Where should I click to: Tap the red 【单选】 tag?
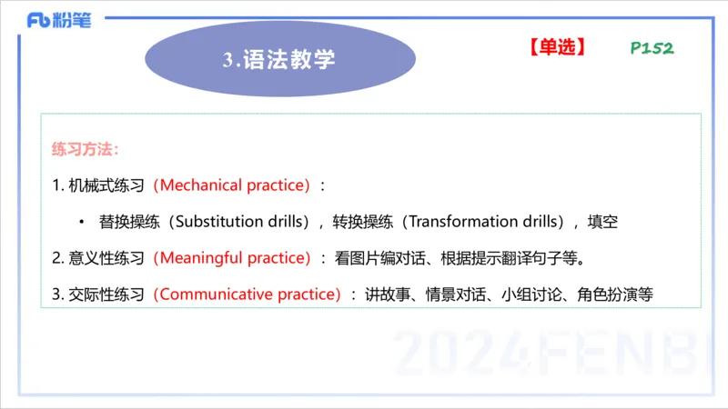click(555, 47)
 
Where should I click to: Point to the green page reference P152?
click(652, 48)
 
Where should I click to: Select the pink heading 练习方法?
click(86, 148)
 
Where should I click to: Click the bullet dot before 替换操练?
click(81, 222)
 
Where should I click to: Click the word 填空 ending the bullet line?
click(603, 222)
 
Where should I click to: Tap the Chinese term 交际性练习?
click(106, 294)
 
